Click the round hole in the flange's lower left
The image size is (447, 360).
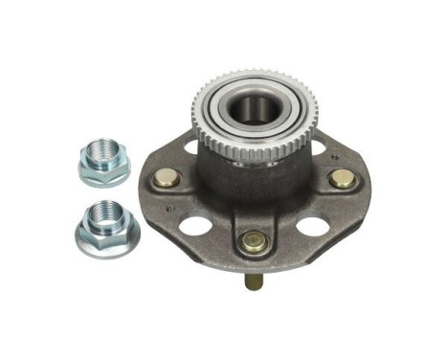click(195, 226)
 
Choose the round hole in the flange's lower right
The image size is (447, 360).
click(311, 227)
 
